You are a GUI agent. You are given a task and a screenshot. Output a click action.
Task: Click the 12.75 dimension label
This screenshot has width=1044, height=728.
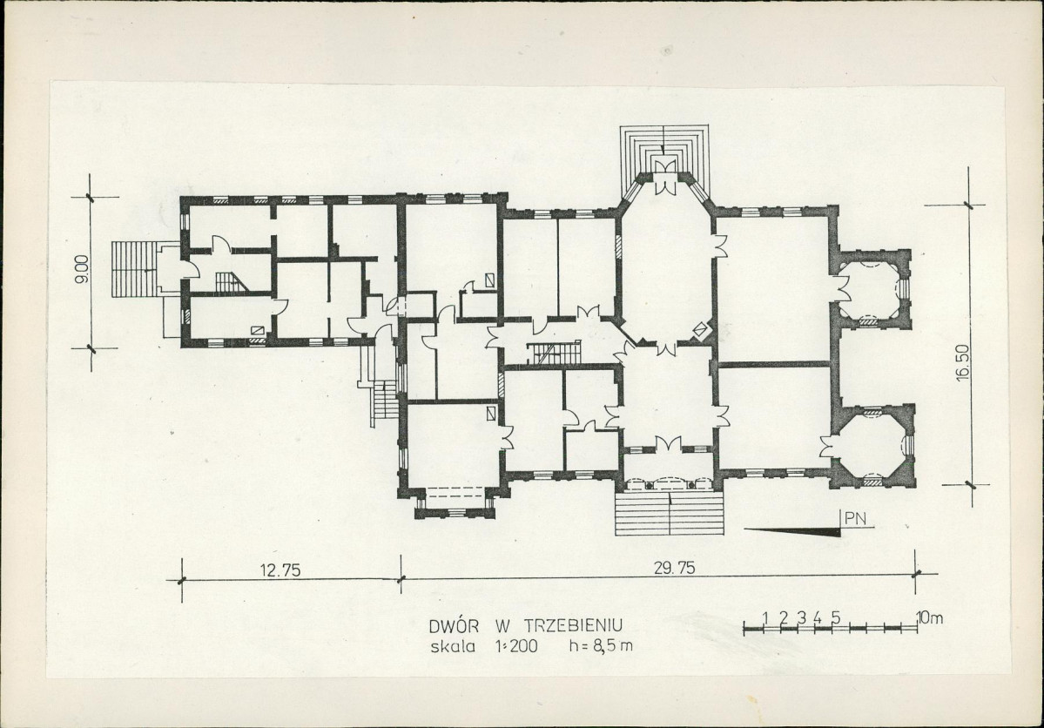click(x=281, y=570)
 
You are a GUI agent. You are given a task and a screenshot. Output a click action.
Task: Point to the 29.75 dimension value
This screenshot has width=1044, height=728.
click(x=675, y=568)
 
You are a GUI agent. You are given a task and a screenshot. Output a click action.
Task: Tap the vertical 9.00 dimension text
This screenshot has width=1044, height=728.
click(x=83, y=270)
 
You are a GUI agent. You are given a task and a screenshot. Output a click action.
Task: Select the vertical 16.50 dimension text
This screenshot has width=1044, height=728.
click(x=962, y=362)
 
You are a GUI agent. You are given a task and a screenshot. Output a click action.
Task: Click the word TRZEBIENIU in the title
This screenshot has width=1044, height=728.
click(x=573, y=626)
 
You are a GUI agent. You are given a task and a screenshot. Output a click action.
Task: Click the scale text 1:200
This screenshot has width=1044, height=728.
click(x=515, y=646)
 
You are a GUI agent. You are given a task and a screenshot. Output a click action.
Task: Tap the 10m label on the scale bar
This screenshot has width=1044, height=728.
click(x=929, y=617)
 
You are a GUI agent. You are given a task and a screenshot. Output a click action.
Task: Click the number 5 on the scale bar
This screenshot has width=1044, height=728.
click(x=836, y=617)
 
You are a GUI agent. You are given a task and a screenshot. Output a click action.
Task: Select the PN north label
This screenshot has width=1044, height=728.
click(x=857, y=519)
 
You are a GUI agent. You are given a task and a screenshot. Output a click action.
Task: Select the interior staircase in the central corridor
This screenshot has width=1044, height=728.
click(x=554, y=353)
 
